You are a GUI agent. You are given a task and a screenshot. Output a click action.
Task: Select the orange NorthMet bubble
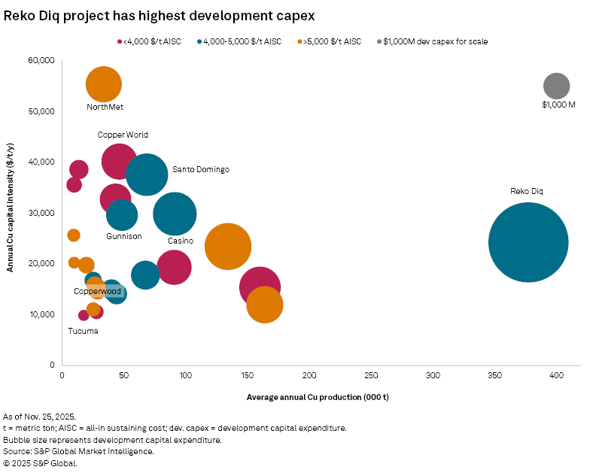pyautogui.click(x=104, y=84)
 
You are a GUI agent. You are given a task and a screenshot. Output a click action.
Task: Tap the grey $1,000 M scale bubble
pyautogui.click(x=556, y=86)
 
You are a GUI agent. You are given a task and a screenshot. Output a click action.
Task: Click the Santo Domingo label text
pyautogui.click(x=200, y=170)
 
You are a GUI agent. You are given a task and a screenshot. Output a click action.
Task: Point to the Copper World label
pyautogui.click(x=123, y=135)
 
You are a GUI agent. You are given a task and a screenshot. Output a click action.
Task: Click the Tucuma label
pyautogui.click(x=83, y=331)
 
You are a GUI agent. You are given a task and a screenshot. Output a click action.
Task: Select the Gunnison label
pyautogui.click(x=124, y=236)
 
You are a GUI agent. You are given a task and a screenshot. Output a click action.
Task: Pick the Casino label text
pyautogui.click(x=181, y=241)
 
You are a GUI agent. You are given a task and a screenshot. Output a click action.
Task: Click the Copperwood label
pyautogui.click(x=97, y=291)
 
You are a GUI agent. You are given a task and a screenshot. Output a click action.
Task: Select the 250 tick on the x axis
pyautogui.click(x=371, y=374)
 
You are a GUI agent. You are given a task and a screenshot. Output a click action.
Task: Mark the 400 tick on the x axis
pyautogui.click(x=556, y=374)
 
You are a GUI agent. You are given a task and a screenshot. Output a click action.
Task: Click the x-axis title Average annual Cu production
pyautogui.click(x=317, y=396)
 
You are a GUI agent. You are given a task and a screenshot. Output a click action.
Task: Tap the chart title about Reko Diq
pyautogui.click(x=159, y=15)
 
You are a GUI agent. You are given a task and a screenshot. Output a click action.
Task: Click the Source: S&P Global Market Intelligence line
pyautogui.click(x=78, y=451)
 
